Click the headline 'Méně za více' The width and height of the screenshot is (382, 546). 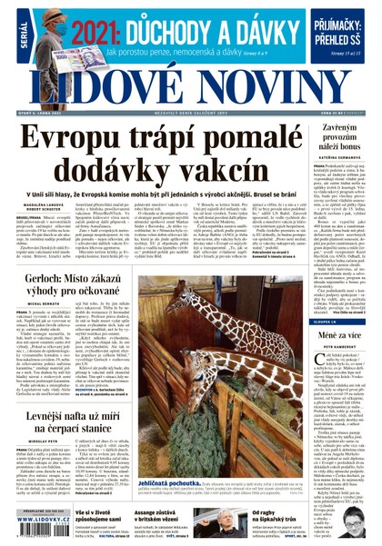click(x=341, y=336)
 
